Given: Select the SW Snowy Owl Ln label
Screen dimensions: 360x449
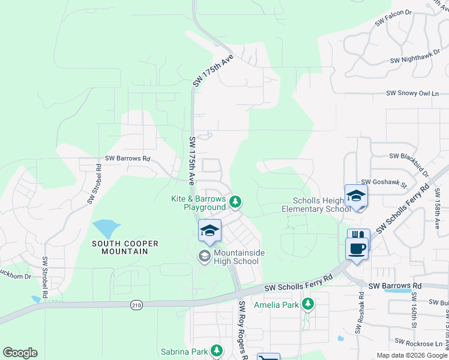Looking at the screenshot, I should (x=413, y=94).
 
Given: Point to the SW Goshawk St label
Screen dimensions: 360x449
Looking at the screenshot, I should (x=384, y=182).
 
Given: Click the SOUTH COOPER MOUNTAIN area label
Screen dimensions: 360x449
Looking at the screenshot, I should (x=125, y=247).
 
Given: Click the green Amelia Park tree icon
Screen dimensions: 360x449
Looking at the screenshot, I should (x=308, y=305).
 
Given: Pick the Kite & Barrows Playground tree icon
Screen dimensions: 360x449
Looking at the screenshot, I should (x=236, y=202).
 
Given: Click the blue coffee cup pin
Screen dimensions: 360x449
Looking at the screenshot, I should (x=357, y=248).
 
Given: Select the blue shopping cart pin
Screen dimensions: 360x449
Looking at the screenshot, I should (x=268, y=358).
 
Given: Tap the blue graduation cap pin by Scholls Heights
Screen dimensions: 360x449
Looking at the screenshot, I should (x=356, y=196).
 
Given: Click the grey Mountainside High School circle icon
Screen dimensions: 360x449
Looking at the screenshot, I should (x=205, y=256).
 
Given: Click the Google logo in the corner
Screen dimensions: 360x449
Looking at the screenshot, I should (x=20, y=353).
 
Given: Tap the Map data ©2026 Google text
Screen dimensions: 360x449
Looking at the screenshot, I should (x=412, y=355).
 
